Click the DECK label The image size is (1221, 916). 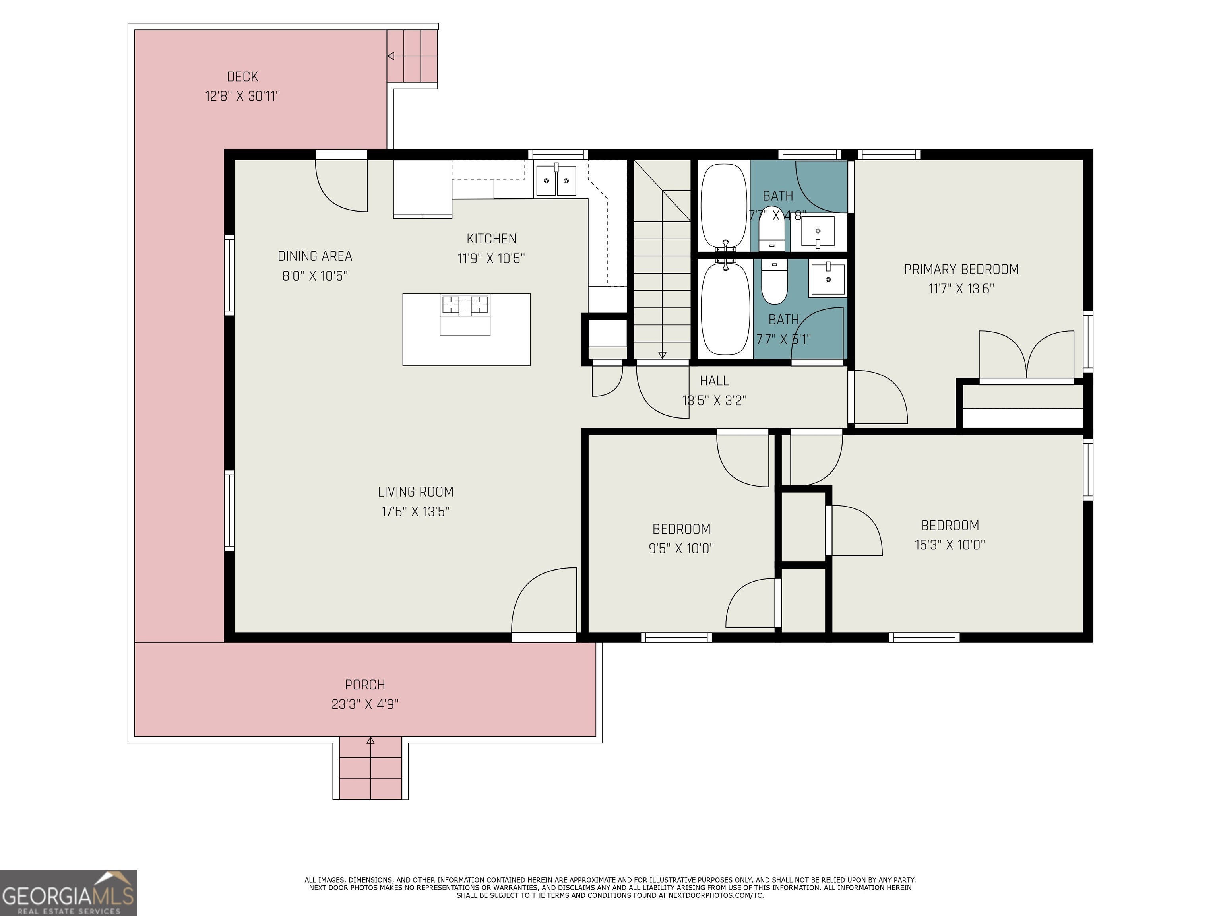242,76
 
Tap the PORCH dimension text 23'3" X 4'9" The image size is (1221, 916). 365,704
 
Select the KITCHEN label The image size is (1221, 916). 491,239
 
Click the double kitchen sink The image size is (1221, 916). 556,180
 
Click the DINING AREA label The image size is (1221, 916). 315,256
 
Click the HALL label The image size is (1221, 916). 714,380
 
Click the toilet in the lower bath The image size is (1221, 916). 774,281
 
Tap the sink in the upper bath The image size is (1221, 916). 818,231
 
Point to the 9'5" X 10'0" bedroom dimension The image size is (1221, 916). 681,548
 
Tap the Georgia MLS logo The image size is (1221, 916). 68,893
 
